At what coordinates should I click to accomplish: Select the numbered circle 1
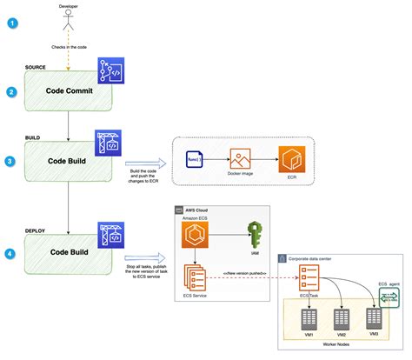click(10, 23)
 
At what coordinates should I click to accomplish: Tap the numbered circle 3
click(10, 160)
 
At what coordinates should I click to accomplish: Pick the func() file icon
click(194, 160)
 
